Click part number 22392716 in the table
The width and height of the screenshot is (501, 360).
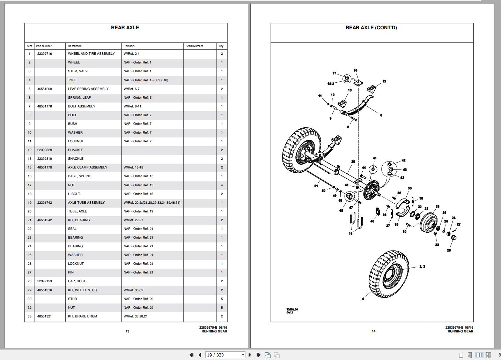44,54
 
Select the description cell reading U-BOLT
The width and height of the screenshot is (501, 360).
74,194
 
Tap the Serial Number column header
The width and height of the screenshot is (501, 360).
194,46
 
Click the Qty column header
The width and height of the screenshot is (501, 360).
221,46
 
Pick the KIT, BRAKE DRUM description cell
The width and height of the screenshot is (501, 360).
82,316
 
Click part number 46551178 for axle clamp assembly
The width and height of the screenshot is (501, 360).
44,167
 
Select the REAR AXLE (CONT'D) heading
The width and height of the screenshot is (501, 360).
371,28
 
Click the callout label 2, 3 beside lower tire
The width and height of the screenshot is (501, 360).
422,267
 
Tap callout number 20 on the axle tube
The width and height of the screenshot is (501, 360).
353,162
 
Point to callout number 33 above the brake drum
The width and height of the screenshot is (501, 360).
437,207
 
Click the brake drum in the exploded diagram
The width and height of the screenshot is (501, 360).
429,222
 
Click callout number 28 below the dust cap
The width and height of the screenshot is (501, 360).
449,250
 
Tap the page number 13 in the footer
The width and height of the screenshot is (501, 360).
127,331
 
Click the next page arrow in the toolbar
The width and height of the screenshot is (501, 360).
250,355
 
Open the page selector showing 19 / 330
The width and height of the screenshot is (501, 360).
225,355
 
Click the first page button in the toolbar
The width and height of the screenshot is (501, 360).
191,355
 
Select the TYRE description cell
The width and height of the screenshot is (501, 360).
72,80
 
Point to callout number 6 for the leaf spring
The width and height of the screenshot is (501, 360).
381,115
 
